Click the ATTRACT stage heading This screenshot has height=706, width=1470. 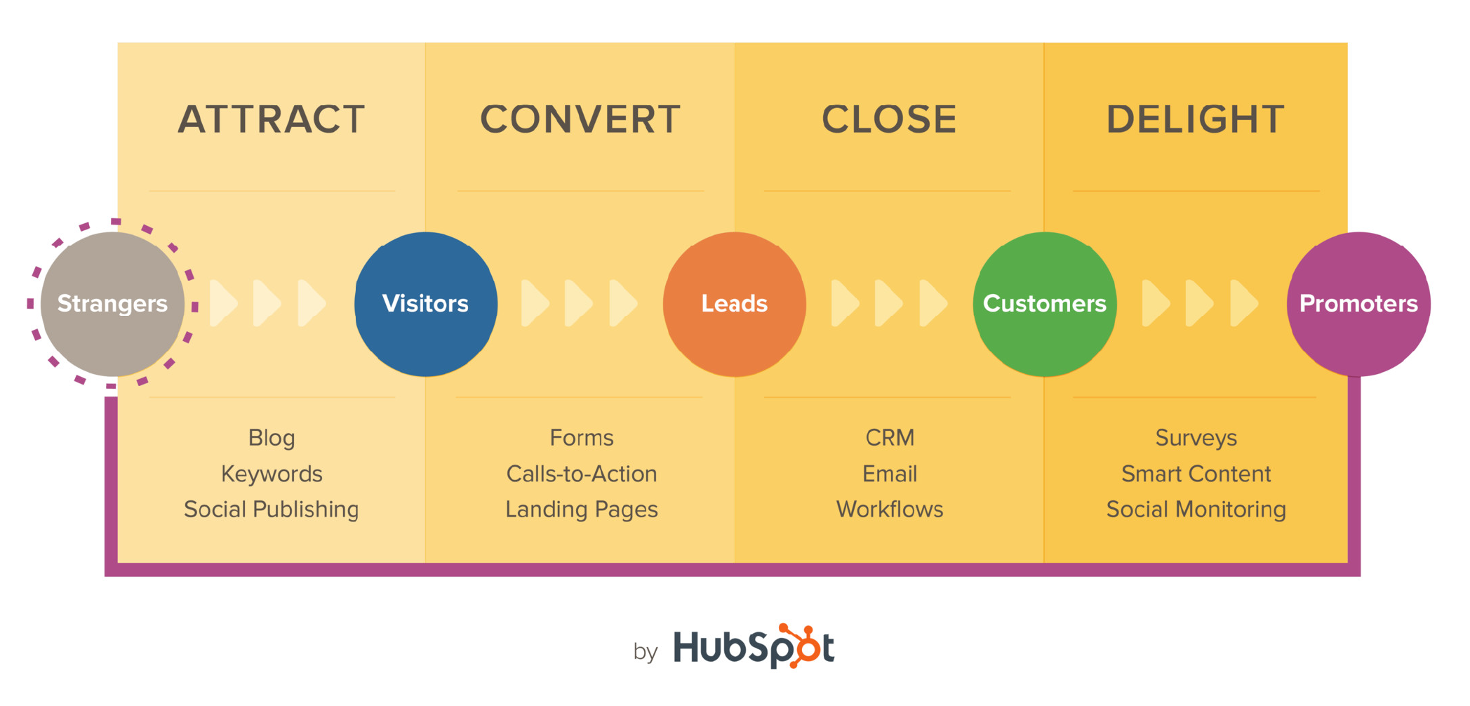272,119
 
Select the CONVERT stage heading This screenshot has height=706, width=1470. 580,119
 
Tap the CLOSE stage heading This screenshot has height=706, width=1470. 889,119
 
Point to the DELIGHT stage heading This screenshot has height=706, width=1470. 1196,119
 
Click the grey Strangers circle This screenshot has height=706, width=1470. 112,304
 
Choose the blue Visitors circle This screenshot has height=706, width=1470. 425,304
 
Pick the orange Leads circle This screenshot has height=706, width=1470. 735,304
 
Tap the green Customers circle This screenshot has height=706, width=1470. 1044,304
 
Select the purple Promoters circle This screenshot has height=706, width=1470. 1358,304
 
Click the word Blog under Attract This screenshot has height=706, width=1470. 272,438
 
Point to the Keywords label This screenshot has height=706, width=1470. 272,474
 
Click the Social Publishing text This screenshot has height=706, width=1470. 272,509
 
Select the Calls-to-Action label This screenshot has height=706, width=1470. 582,474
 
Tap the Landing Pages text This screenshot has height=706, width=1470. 582,509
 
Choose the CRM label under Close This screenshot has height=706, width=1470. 890,438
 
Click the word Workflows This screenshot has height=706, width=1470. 890,509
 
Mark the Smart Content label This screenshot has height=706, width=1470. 1196,474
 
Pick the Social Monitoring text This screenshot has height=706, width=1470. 1196,509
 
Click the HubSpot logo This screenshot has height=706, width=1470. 754,646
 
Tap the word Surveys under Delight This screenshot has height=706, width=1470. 1196,438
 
